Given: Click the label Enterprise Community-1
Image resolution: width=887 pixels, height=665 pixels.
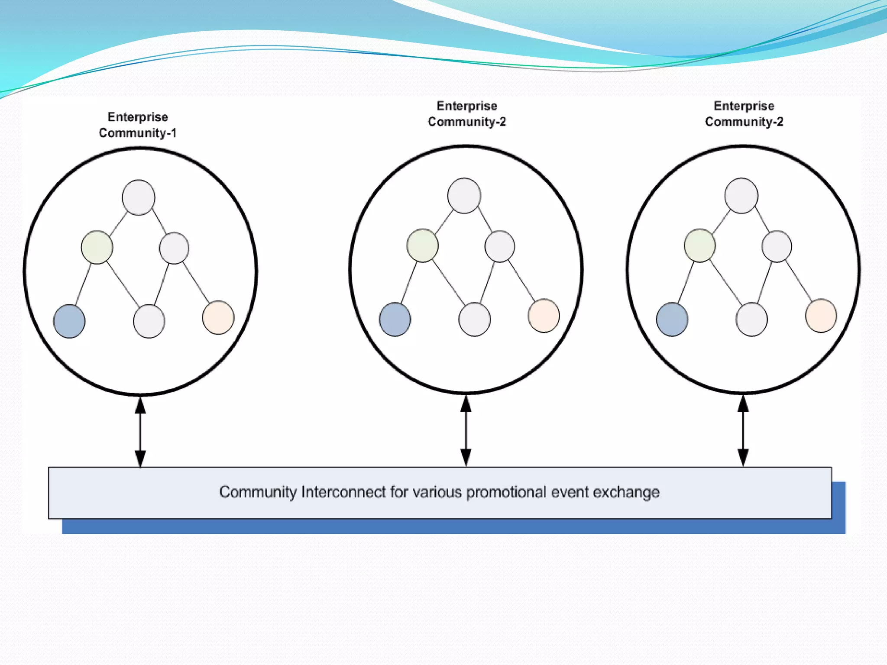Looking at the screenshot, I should (138, 125).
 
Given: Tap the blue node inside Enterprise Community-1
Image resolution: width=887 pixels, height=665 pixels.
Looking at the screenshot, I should (69, 321).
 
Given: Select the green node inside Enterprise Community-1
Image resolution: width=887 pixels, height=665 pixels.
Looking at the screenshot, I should (97, 247).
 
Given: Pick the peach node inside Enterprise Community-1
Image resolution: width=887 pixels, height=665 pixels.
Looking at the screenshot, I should (218, 317).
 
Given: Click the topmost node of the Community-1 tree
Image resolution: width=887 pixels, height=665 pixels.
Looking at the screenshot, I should (139, 197).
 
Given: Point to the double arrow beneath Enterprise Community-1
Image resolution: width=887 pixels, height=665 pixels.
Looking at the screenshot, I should (140, 432).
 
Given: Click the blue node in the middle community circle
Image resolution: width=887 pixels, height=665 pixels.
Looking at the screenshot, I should (395, 320).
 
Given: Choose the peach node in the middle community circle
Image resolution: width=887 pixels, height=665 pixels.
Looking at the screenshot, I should (544, 316).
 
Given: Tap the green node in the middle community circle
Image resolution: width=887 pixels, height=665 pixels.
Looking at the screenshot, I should (423, 245).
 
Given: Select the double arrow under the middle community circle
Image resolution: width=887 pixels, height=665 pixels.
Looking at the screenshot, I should (466, 430).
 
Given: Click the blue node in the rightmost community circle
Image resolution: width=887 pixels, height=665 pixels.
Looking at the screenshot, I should (672, 320).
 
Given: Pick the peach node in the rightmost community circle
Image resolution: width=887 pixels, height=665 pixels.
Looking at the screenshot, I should (821, 316).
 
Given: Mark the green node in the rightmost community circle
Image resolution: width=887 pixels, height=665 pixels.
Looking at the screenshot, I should (700, 245).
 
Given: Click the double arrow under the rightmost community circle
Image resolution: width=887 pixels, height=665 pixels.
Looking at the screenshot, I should (743, 430).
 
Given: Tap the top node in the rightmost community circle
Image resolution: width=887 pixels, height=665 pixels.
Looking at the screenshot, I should (741, 196).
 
